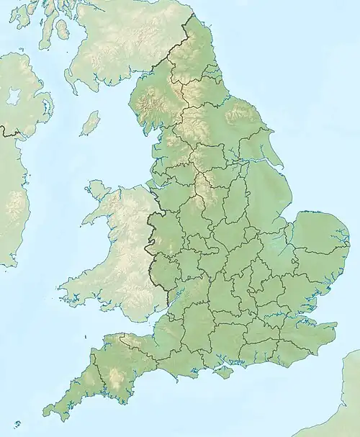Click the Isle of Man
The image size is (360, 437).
click(90, 123)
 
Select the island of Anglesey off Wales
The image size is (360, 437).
click(96, 192)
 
